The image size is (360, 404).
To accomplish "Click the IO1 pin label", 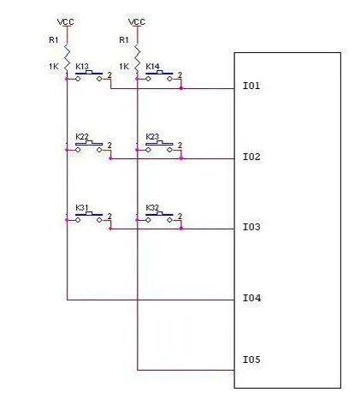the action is pyautogui.click(x=251, y=86).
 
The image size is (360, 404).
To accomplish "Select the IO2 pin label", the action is pyautogui.click(x=251, y=157).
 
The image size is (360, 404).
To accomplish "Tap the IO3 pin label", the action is pyautogui.click(x=251, y=227).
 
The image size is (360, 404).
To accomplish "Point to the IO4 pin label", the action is pyautogui.click(x=251, y=298).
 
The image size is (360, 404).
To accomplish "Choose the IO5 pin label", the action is pyautogui.click(x=251, y=359).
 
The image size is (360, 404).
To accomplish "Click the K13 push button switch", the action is pyautogui.click(x=88, y=76).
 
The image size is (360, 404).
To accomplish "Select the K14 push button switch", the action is pyautogui.click(x=159, y=76).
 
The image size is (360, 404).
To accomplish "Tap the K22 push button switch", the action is pyautogui.click(x=88, y=146).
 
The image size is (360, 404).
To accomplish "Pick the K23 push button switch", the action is pyautogui.click(x=159, y=146).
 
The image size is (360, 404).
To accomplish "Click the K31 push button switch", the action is pyautogui.click(x=88, y=217).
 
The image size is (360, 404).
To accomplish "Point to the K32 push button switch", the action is pyautogui.click(x=159, y=217).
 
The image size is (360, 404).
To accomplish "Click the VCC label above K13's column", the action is pyautogui.click(x=66, y=22).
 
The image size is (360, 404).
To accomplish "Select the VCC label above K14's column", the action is pyautogui.click(x=137, y=22).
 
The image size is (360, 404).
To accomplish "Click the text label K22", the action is pyautogui.click(x=82, y=137).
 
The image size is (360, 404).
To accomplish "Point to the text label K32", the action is pyautogui.click(x=152, y=208).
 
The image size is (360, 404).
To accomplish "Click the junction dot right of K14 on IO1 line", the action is pyautogui.click(x=181, y=88).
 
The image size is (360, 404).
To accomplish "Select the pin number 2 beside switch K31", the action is pyautogui.click(x=109, y=217).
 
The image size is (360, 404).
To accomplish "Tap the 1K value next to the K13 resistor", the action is pyautogui.click(x=54, y=67).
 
